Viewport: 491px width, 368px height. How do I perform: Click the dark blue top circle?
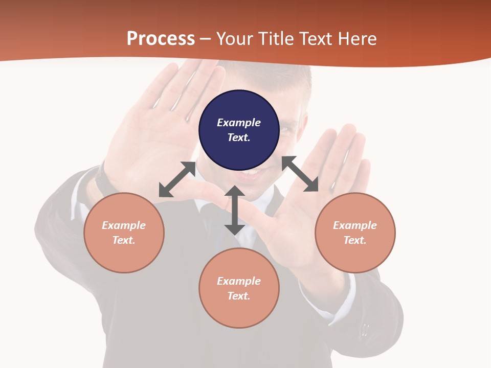tap(239, 130)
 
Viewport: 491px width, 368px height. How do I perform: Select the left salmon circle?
tap(124, 233)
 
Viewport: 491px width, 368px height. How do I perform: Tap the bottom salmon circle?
tap(239, 288)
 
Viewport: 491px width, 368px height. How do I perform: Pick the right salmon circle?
tap(355, 233)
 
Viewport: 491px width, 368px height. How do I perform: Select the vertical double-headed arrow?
tap(234, 210)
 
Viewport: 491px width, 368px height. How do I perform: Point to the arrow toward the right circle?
tap(300, 174)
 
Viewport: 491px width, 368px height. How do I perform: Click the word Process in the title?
tap(161, 39)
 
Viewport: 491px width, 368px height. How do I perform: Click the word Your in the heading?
tap(235, 39)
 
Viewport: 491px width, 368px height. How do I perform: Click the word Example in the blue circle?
tap(239, 123)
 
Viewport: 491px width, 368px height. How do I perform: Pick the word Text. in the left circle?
tap(124, 240)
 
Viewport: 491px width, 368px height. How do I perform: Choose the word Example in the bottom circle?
tap(239, 281)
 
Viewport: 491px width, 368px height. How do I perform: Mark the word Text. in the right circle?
tap(355, 240)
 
